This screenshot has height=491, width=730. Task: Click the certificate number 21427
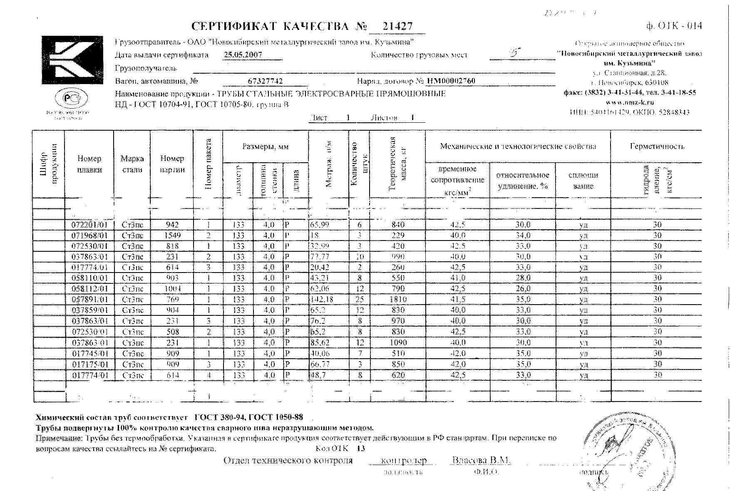[397, 27]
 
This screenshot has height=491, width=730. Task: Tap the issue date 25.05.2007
[243, 55]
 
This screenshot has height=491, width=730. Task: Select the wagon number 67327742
[265, 81]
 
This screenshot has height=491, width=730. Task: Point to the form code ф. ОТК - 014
[674, 26]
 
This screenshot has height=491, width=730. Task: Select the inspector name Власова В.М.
[481, 461]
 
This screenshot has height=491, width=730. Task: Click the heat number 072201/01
[89, 225]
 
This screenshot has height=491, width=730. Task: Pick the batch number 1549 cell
[172, 236]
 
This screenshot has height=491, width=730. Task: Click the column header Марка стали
[132, 164]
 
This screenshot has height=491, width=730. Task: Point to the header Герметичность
[657, 146]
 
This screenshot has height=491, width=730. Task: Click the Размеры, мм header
[266, 146]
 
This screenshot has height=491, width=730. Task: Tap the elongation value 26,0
[523, 288]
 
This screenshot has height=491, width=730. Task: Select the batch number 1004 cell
[172, 288]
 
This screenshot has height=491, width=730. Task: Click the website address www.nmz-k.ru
[630, 102]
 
